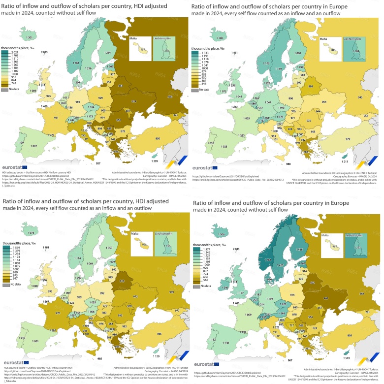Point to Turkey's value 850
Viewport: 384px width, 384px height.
157,139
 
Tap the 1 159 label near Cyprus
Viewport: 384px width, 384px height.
156,355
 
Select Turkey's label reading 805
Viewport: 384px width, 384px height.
348,335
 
